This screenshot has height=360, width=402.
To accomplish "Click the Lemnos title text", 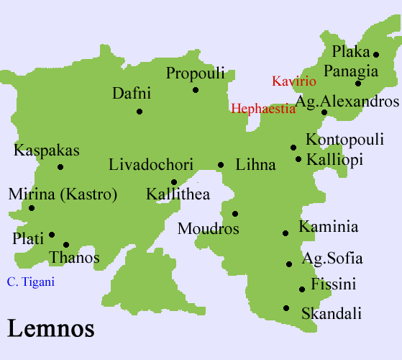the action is point(51,328).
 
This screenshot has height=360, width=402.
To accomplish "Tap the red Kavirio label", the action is point(293,81).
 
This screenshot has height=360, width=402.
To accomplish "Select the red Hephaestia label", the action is point(262,109).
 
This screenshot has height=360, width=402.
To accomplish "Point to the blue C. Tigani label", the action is point(30,282).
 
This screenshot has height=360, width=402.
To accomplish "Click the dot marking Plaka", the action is point(376,54).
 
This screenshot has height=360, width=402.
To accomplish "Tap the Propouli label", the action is point(196,73).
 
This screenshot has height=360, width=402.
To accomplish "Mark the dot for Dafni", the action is point(140,112).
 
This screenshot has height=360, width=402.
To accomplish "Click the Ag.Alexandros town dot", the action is point(324,112).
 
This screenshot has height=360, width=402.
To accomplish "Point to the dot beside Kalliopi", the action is point(298,159).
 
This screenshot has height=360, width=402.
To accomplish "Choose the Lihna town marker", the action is point(221,165).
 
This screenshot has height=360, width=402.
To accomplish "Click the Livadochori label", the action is point(151,165).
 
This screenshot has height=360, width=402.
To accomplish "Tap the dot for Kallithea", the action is point(174,182).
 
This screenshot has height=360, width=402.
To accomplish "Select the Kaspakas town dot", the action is point(60,167).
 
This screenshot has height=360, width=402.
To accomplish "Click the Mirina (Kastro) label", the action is point(63,194).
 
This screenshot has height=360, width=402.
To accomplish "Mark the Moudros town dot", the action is point(235,213).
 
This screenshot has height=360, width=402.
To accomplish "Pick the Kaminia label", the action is point(328,228).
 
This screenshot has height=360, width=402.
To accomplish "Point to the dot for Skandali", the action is point(286,308).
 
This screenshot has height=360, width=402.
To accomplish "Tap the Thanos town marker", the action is point(66,245).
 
